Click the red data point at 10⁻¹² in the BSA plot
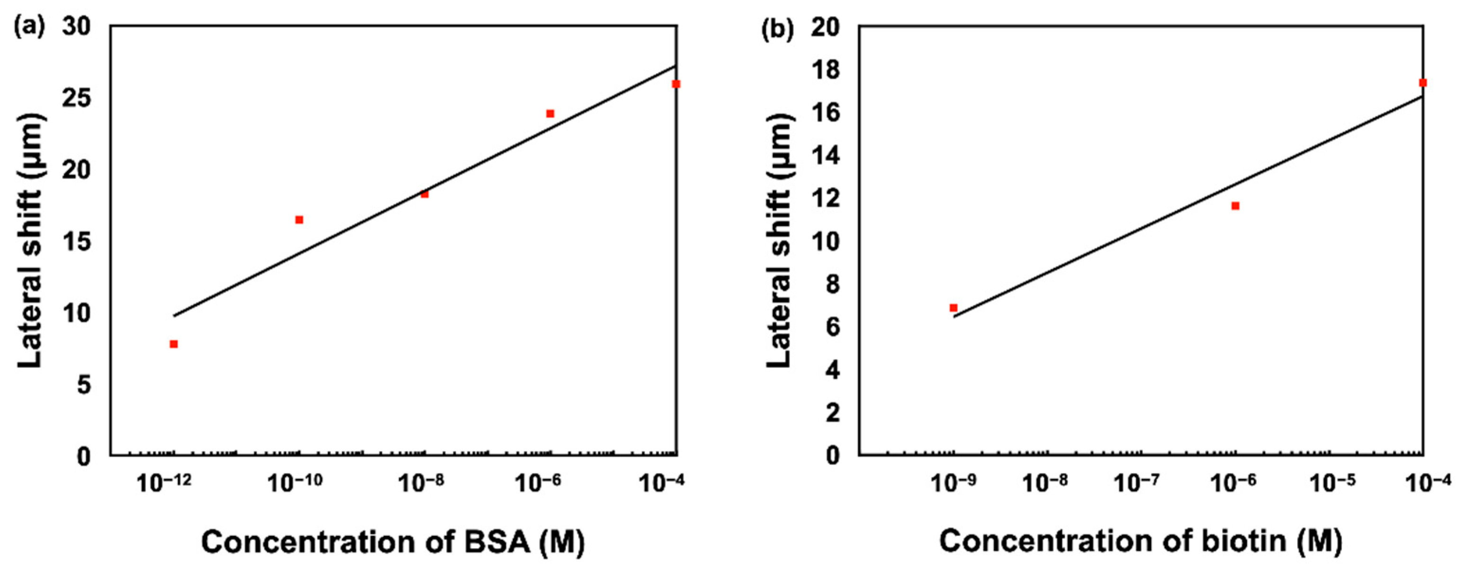pyautogui.click(x=174, y=344)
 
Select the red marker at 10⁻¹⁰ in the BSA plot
pyautogui.click(x=299, y=219)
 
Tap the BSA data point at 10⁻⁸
pyautogui.click(x=424, y=194)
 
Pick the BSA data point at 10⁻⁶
pyautogui.click(x=550, y=113)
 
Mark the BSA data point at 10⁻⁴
pyautogui.click(x=676, y=84)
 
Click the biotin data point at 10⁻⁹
pyautogui.click(x=953, y=308)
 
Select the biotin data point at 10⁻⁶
pyautogui.click(x=1236, y=206)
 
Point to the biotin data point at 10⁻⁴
pyautogui.click(x=1423, y=83)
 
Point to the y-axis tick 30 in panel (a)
pyautogui.click(x=76, y=27)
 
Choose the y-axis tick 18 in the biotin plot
pyautogui.click(x=825, y=70)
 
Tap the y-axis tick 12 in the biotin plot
pyautogui.click(x=825, y=199)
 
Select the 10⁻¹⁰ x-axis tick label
pyautogui.click(x=295, y=483)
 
